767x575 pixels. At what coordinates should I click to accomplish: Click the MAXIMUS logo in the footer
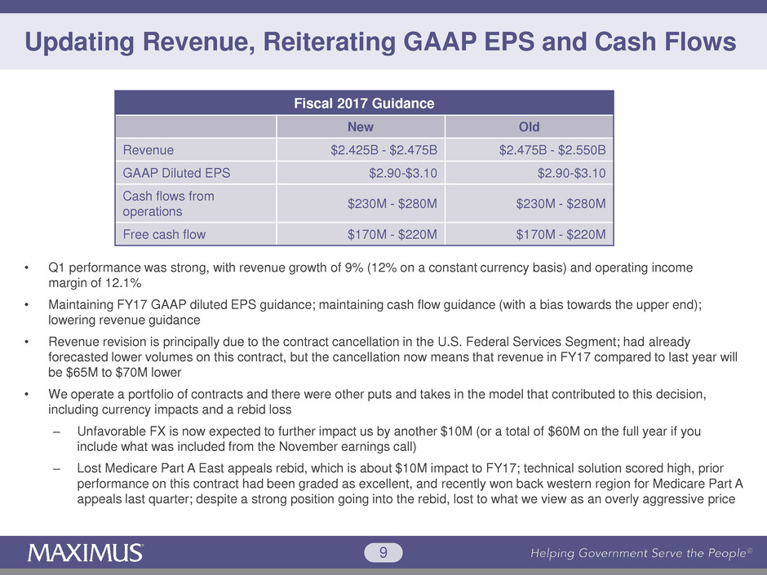(x=86, y=553)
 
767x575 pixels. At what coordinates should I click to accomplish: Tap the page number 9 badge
(x=383, y=553)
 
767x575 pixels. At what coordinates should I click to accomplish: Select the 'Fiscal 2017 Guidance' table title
(x=363, y=104)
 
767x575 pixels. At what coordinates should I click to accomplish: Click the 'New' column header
(x=361, y=127)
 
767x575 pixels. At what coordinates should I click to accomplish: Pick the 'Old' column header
(x=529, y=127)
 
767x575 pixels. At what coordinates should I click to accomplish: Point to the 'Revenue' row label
(x=148, y=150)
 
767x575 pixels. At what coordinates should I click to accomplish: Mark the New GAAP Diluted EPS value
(x=403, y=173)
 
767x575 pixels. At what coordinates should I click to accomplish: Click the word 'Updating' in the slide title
(x=82, y=42)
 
